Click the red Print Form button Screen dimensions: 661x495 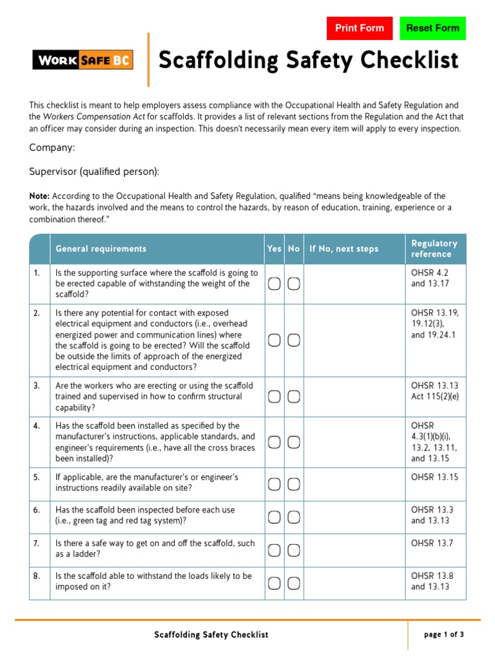click(359, 28)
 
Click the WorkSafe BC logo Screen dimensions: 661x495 click(82, 61)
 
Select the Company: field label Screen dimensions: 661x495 click(52, 148)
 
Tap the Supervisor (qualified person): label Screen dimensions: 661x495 click(94, 171)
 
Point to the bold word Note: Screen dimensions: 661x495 click(39, 196)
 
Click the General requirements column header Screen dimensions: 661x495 click(101, 249)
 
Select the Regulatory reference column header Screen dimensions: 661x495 click(434, 249)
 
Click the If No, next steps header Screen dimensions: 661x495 click(344, 249)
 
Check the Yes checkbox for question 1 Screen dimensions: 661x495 click(275, 284)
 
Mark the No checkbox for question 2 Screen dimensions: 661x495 click(293, 340)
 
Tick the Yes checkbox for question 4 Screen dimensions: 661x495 click(275, 442)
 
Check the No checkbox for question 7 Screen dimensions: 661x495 click(293, 550)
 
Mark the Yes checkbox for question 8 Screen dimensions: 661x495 click(275, 583)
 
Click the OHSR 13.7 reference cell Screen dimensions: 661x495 click(432, 544)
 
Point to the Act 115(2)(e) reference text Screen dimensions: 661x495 click(434, 396)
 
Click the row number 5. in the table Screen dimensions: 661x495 click(37, 478)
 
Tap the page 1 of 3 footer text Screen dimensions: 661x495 click(443, 635)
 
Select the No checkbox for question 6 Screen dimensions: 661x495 click(293, 516)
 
